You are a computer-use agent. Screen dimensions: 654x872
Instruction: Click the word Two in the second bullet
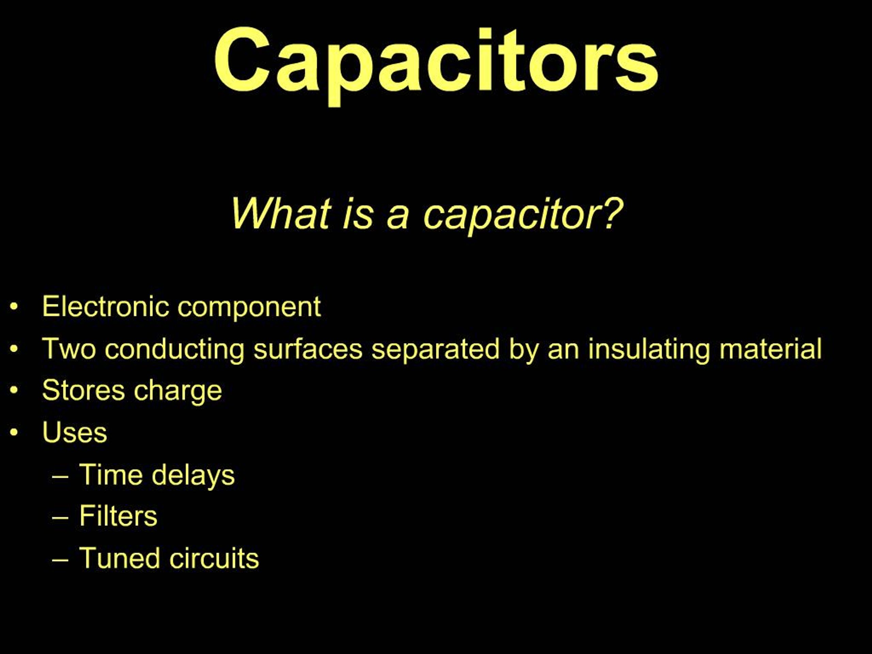coord(69,348)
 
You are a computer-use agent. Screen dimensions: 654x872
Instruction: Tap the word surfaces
coord(308,349)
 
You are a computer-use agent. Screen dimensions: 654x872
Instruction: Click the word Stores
coord(83,390)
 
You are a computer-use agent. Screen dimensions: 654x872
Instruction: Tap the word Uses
coord(75,433)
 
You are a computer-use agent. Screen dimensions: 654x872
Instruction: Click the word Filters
coord(118,516)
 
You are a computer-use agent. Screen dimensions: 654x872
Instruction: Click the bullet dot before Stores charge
coord(14,391)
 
